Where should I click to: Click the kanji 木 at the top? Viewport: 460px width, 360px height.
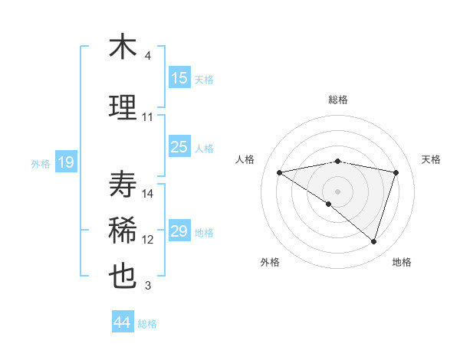[123, 47]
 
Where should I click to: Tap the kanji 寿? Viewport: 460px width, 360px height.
[123, 185]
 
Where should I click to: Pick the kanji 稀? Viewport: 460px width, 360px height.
[123, 231]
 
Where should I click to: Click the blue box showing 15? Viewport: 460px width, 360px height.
[179, 78]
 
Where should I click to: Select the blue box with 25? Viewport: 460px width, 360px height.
[179, 147]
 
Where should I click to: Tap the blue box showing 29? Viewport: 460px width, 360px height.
[179, 231]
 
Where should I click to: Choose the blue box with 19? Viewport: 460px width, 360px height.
[65, 162]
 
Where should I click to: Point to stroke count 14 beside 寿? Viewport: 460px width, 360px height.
[149, 194]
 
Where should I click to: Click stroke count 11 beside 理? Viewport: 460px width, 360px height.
[148, 117]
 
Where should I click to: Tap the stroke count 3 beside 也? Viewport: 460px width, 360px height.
[148, 286]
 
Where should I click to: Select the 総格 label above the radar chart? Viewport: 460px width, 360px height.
[337, 100]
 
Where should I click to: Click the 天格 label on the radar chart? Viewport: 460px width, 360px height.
[432, 159]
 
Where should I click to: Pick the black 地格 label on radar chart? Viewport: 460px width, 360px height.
[402, 262]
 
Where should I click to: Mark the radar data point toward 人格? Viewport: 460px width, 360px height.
[279, 172]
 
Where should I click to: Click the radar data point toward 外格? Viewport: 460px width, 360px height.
[329, 204]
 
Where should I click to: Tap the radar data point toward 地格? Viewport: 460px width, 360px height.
[373, 241]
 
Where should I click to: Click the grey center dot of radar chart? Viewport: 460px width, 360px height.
[337, 191]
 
